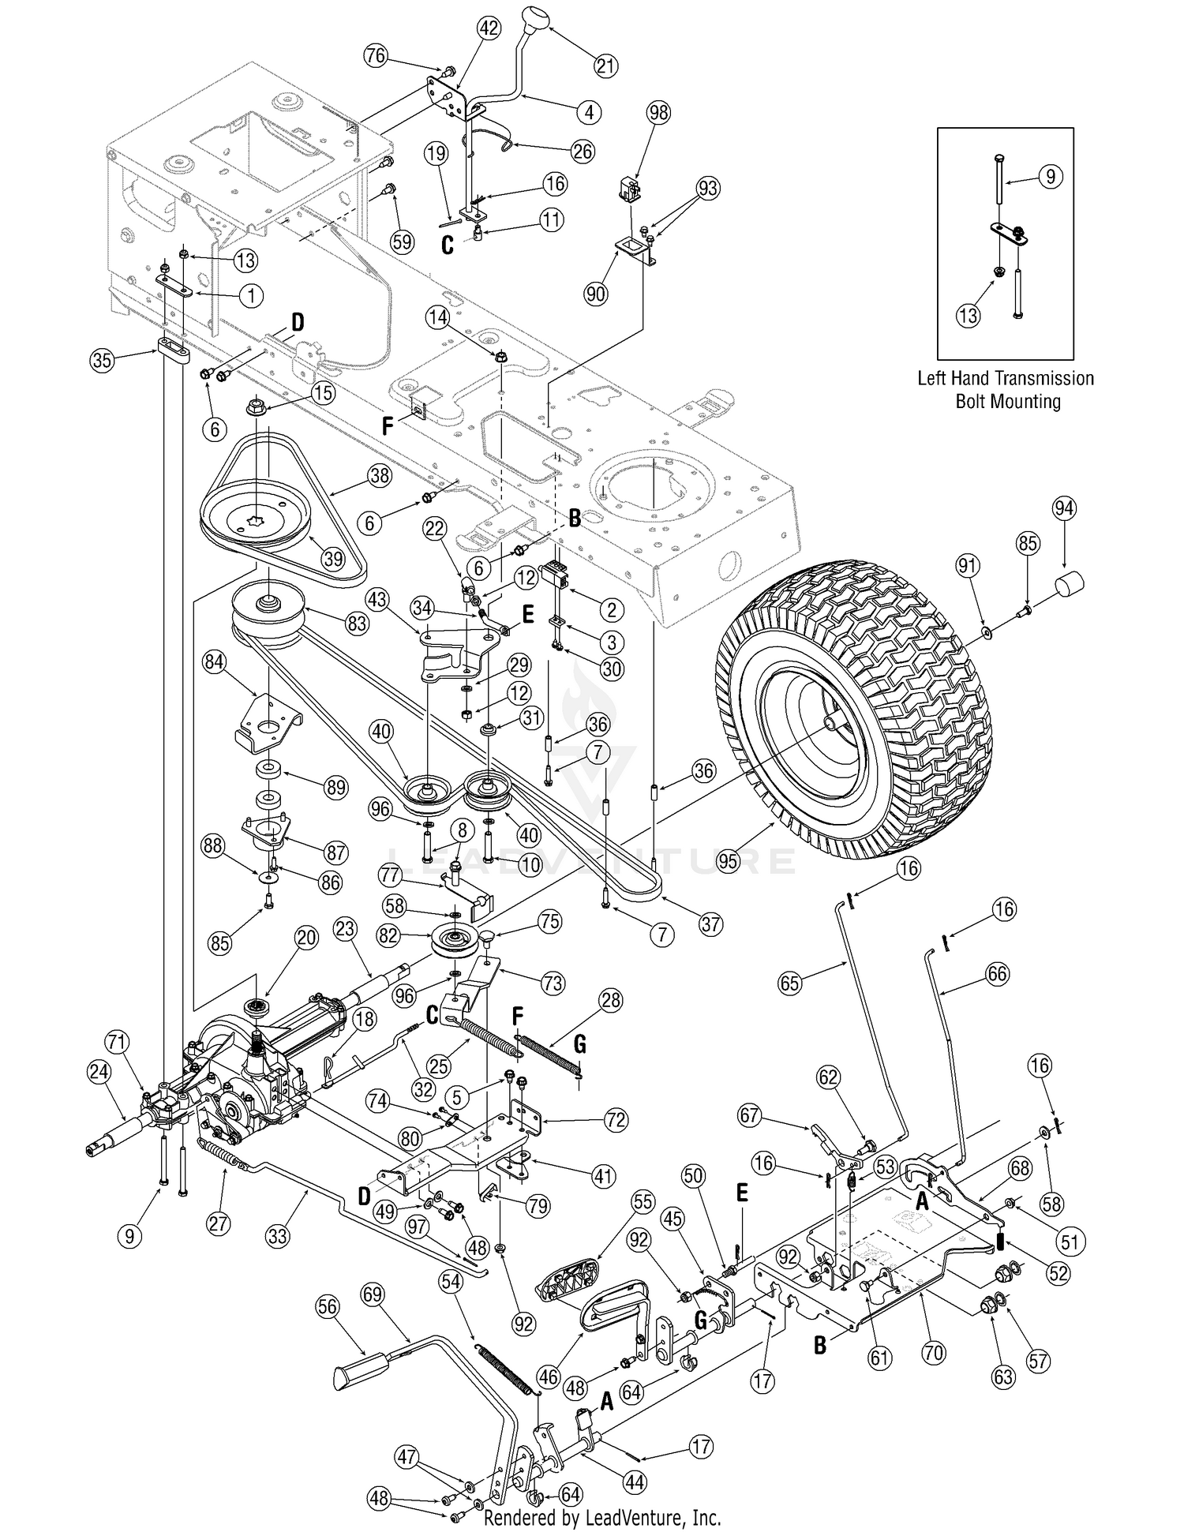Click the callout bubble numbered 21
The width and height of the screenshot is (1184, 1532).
[x=605, y=66]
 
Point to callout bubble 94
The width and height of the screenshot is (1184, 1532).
[x=1064, y=509]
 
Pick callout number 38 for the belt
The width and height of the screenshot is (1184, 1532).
[x=380, y=474]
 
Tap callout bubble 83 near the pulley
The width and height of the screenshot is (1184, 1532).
[x=357, y=624]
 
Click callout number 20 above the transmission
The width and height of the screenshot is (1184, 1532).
[x=306, y=938]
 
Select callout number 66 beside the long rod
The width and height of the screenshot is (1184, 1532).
[x=997, y=974]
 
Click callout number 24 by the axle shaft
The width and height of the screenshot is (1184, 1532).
[x=99, y=1072]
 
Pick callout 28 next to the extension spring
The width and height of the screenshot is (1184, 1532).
[x=610, y=1000]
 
